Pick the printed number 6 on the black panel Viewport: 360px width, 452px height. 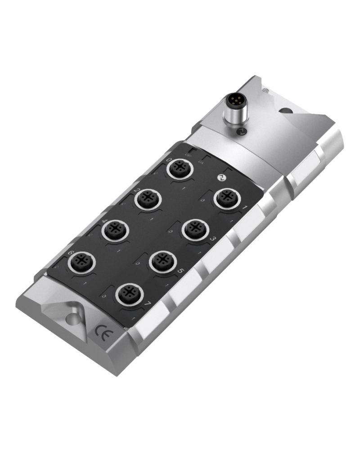pos(70,253)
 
